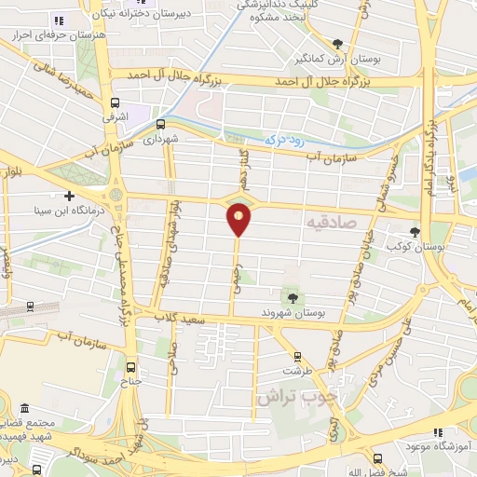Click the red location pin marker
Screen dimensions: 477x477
click(238, 220)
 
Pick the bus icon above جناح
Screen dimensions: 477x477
click(130, 367)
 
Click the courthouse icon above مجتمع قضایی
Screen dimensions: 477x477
click(24, 409)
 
